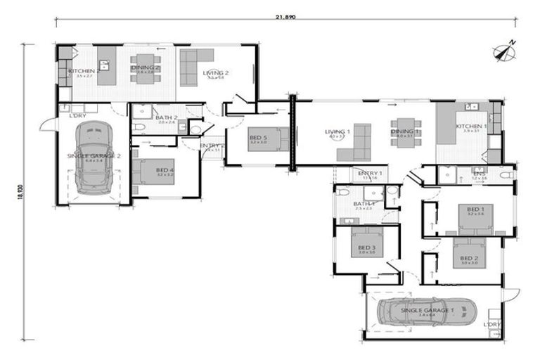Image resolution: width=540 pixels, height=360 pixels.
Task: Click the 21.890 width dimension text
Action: coord(285,16)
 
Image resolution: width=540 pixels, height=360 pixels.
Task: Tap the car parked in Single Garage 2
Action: coord(95,156)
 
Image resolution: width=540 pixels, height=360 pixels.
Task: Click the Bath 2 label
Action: coord(166,117)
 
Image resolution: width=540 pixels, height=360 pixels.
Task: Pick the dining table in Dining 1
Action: coord(406,131)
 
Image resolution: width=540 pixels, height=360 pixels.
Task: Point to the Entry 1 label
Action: coord(370,173)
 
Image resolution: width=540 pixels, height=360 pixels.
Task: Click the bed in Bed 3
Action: coord(366,240)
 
